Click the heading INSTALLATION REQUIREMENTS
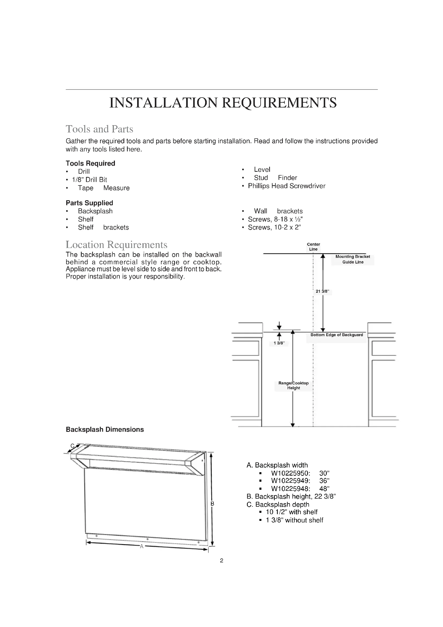[223, 103]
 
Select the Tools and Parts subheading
[99, 129]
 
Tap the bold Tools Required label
[90, 163]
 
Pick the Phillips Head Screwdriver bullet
[286, 186]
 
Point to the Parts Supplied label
[89, 203]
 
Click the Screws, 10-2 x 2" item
[274, 228]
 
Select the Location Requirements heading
[117, 244]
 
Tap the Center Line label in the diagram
[313, 247]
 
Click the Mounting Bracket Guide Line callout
[352, 259]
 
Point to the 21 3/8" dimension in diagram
[322, 291]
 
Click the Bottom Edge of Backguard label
[337, 335]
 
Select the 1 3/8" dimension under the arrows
[279, 343]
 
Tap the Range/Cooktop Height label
[294, 385]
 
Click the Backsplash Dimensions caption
[105, 429]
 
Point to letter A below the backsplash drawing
[142, 546]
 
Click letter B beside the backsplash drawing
[212, 504]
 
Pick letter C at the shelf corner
[72, 446]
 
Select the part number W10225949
[291, 481]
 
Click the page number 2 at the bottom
[222, 561]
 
